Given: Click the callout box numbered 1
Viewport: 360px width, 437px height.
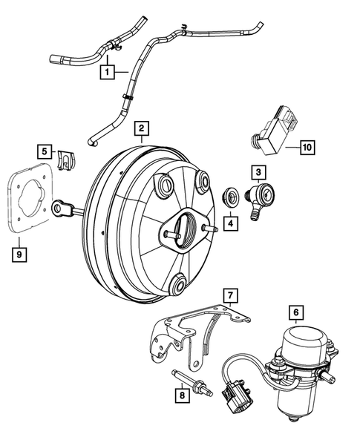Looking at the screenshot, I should [x=108, y=73].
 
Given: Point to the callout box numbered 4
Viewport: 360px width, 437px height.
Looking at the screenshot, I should [x=230, y=222].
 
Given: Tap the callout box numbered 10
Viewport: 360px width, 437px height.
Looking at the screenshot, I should [x=307, y=147].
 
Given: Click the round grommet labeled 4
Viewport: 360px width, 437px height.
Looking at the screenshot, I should [x=231, y=197].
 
